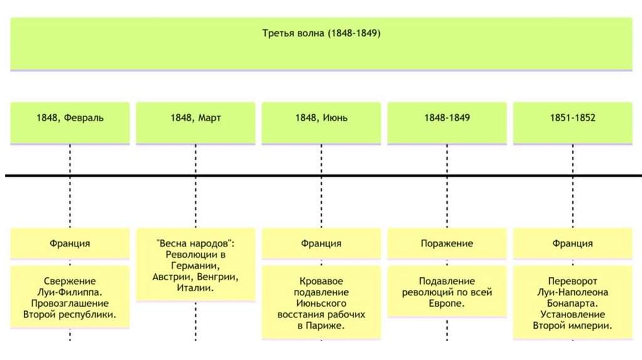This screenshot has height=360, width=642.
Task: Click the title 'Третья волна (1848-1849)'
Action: point(321,33)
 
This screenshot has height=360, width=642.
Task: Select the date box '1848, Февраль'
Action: point(70,118)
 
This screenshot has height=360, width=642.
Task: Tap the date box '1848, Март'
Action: point(196,118)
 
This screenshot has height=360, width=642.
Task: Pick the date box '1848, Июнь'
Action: point(321,118)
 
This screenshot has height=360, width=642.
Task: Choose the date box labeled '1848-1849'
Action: point(447,118)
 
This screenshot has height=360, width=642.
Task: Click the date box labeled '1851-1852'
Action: point(572,118)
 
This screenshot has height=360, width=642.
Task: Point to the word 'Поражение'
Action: point(447,243)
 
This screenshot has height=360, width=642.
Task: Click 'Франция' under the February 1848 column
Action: point(70,243)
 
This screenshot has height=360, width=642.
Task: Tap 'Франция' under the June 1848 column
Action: point(321,243)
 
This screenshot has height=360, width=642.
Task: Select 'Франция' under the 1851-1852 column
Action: point(572,243)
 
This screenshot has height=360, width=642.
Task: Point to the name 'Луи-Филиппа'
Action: point(70,292)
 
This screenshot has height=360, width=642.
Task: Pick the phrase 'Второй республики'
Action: point(70,314)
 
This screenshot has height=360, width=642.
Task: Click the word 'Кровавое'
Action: point(321,282)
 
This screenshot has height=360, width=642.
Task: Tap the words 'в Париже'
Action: point(321,326)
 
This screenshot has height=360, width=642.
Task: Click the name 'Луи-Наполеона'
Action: point(572,292)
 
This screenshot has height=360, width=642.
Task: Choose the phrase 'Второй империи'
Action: point(572,326)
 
